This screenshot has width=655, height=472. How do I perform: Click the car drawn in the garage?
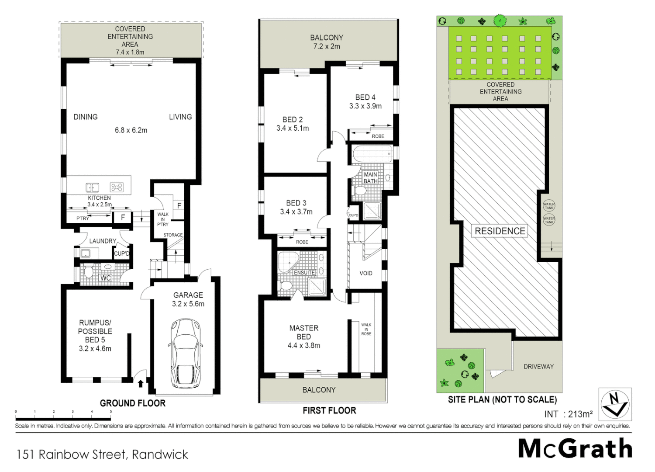[186, 353]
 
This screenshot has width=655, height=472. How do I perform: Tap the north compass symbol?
[615, 404]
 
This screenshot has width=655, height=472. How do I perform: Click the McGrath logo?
[575, 449]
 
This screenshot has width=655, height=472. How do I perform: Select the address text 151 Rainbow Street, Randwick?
[102, 455]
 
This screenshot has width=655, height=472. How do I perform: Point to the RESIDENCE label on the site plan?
[500, 231]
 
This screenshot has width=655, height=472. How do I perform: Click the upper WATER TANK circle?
[549, 205]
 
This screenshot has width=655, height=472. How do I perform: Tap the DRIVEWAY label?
[538, 366]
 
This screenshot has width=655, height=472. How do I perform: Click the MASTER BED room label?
[304, 332]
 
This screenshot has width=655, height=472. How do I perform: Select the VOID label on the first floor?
[365, 273]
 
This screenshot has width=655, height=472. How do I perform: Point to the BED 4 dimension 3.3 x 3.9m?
[365, 106]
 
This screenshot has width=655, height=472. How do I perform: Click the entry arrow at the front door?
[141, 384]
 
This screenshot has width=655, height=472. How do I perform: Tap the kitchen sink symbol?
[92, 187]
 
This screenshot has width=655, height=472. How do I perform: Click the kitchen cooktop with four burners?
[117, 187]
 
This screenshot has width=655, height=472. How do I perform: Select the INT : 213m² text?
[568, 414]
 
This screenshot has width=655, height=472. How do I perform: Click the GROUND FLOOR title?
[133, 403]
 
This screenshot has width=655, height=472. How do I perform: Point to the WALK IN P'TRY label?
[162, 219]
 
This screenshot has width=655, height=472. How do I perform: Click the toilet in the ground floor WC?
[89, 273]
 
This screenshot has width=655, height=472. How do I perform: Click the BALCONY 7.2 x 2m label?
[327, 42]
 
